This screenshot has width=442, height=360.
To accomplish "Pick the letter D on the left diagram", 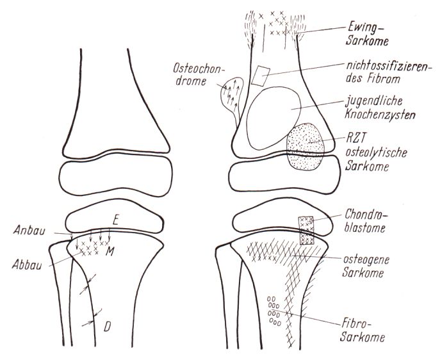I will tap(107, 327).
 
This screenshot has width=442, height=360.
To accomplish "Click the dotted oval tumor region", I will tap(307, 147).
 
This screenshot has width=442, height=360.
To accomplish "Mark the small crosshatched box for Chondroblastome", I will tap(307, 230).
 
